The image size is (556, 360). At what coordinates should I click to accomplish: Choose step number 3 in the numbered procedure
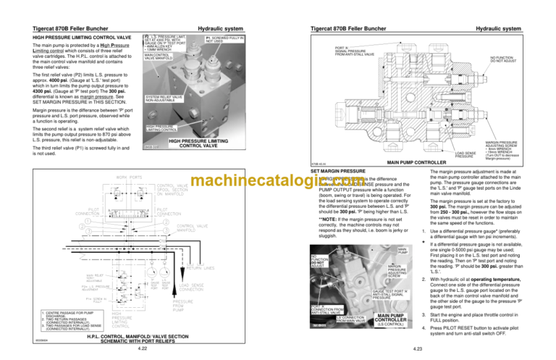[422, 314]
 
